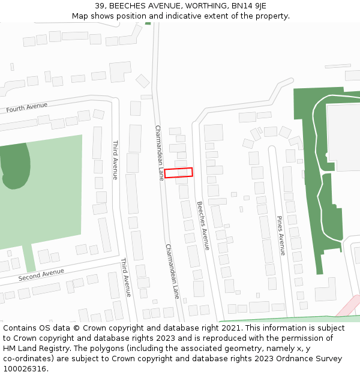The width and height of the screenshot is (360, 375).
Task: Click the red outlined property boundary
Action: pyautogui.click(x=179, y=173)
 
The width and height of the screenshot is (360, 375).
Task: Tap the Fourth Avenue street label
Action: pyautogui.click(x=26, y=107)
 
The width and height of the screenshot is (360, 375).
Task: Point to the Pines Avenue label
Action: pyautogui.click(x=281, y=235)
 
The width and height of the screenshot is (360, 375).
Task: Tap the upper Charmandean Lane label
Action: pyautogui.click(x=160, y=152)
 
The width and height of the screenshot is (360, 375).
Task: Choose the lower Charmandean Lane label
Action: pyautogui.click(x=172, y=271)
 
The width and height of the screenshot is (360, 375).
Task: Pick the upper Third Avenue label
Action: pyautogui.click(x=115, y=160)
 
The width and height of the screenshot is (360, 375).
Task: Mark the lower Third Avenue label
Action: pyautogui.click(x=125, y=277)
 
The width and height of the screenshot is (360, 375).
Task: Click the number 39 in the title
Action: pyautogui.click(x=99, y=6)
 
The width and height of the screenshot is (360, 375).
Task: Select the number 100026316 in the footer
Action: pyautogui.click(x=25, y=368)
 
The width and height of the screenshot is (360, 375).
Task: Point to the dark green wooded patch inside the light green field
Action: pyautogui.click(x=15, y=165)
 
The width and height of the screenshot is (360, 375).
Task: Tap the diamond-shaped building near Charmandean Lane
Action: pyautogui.click(x=143, y=81)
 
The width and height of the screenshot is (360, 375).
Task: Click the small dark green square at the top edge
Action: pyautogui.click(x=148, y=23)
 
